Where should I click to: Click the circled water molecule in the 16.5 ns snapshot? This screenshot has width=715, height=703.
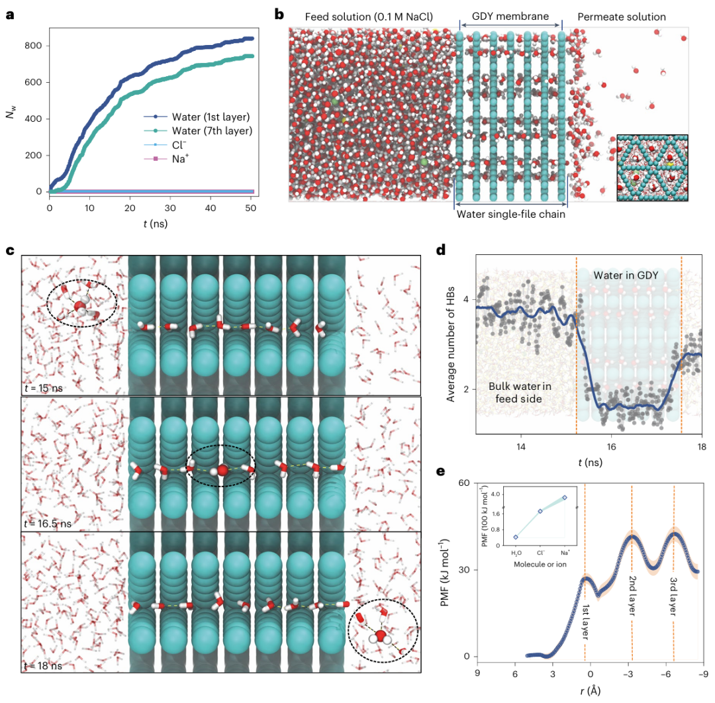coord(222,470)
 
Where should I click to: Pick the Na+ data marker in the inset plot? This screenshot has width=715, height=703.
coord(565,497)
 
